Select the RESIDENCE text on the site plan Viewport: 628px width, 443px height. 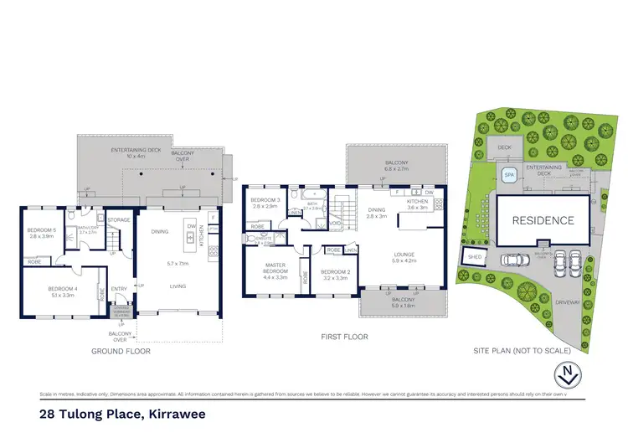544,220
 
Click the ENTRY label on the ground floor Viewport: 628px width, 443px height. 119,289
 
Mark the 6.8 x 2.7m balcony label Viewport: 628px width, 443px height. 397,165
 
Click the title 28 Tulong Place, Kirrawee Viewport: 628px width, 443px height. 122,413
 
